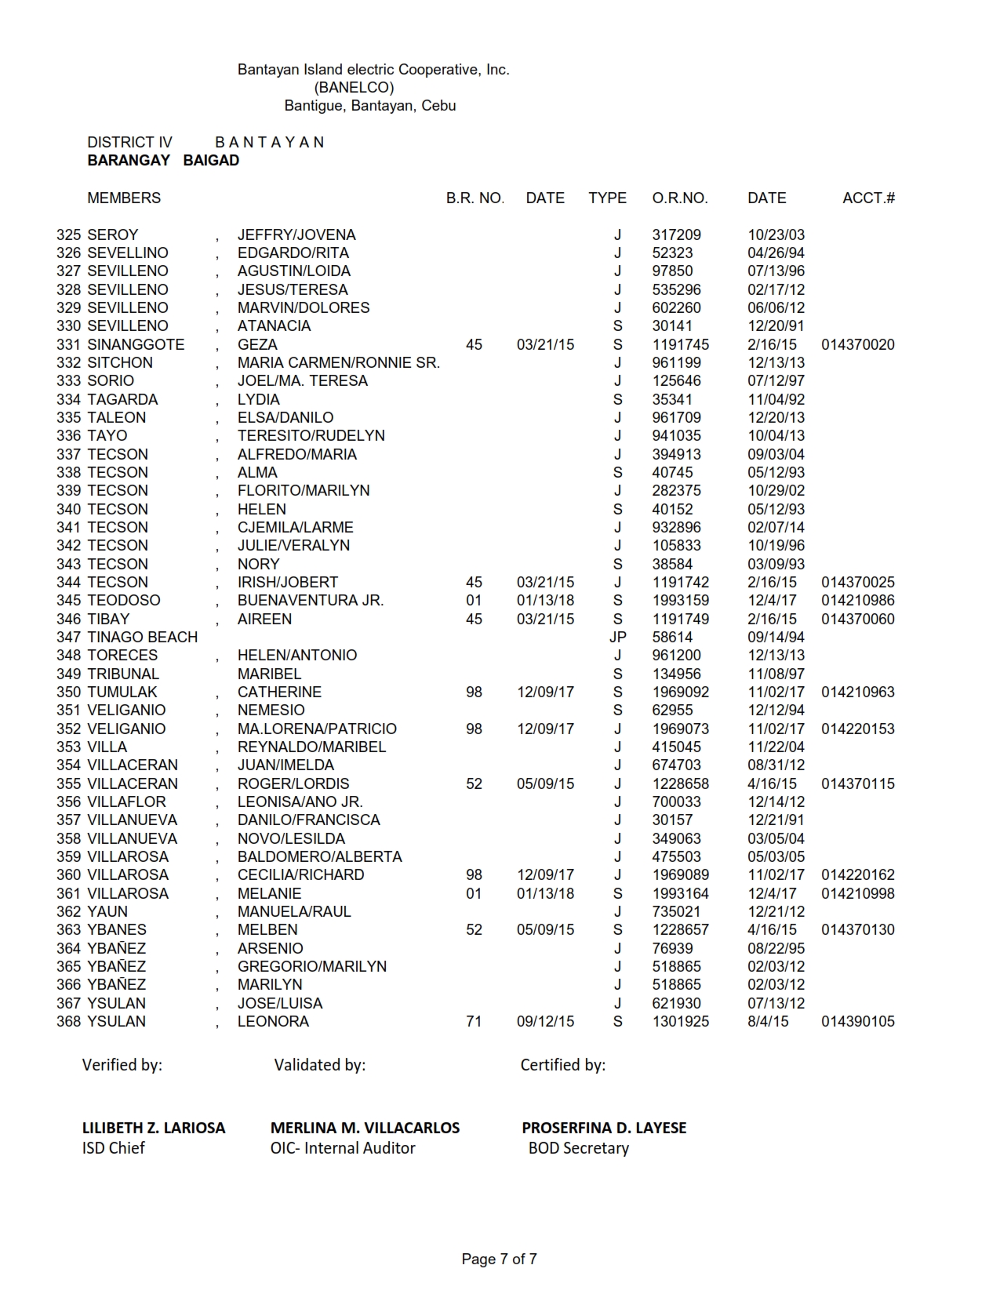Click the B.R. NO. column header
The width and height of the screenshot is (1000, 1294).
coord(475,198)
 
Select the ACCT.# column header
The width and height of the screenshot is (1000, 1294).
coord(868,198)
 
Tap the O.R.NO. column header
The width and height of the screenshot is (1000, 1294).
coord(679,198)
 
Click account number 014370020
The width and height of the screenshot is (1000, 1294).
coord(857,345)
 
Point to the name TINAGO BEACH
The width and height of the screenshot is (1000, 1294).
coord(142,638)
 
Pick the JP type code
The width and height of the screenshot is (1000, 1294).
coord(617,638)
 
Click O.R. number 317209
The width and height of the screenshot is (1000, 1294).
coord(676,235)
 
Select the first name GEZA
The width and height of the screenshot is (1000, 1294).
coord(257,345)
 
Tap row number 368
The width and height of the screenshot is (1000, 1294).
coord(68,1022)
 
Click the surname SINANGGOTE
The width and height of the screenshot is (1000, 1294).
coord(136,345)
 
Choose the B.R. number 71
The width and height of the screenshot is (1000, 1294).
coord(474,1022)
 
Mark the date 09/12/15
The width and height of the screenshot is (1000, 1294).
coord(545,1022)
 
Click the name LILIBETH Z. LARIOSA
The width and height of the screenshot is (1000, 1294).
coord(154,1128)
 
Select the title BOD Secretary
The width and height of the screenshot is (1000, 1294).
coord(578,1148)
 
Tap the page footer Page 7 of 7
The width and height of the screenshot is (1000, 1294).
coord(499,1259)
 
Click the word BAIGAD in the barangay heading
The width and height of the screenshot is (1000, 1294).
coord(211,161)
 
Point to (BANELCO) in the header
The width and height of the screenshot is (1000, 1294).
coord(354,88)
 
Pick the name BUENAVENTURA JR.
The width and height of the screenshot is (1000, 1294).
coord(311,601)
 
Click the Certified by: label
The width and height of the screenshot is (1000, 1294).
coord(562,1065)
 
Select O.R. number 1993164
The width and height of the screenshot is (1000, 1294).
coord(680,894)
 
